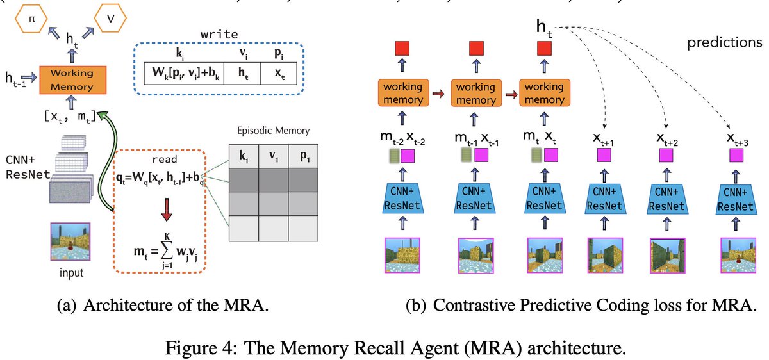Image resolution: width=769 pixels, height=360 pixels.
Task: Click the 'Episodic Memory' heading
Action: click(x=273, y=131)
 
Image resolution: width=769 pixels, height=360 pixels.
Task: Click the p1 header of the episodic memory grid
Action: click(x=302, y=154)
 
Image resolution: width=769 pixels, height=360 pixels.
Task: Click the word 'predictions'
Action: click(x=725, y=44)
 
